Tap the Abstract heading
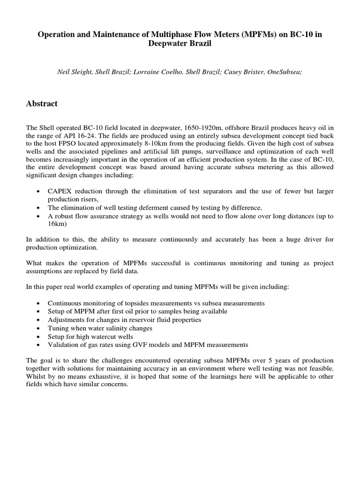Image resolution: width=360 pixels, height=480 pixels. [x=42, y=104]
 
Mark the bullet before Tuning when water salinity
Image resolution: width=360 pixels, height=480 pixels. [x=38, y=328]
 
